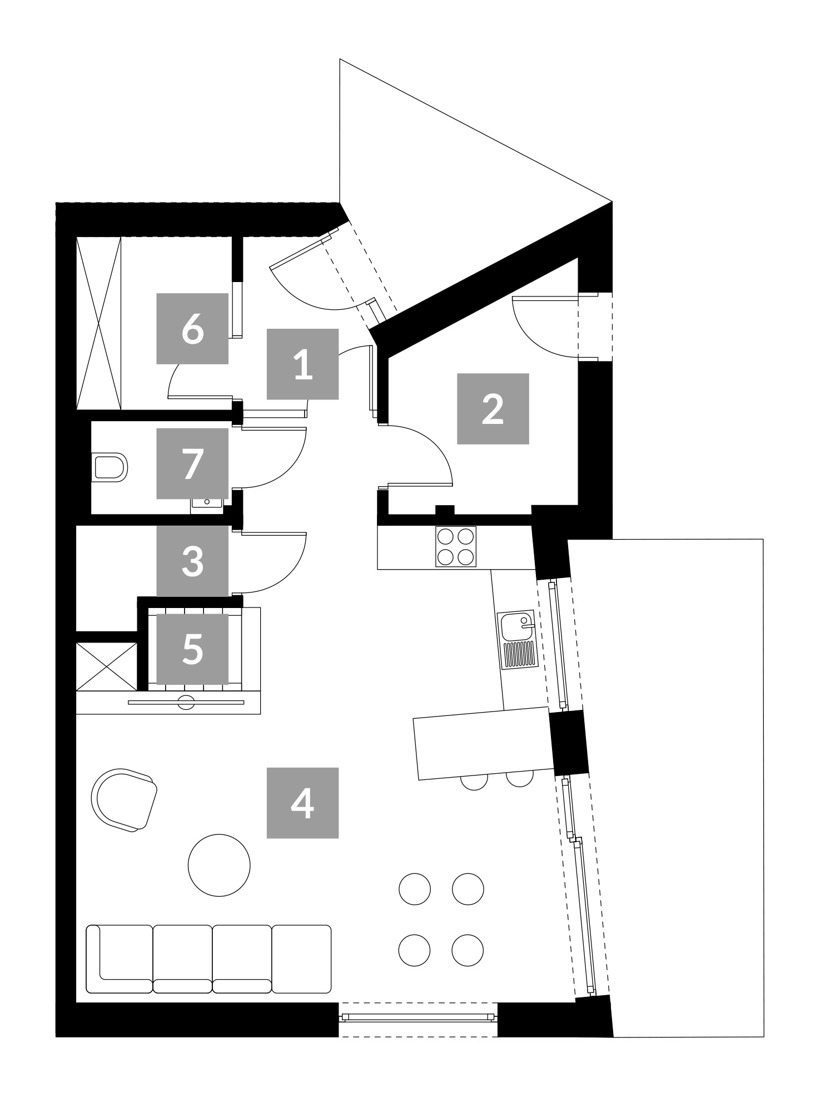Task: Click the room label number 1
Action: pyautogui.click(x=302, y=364)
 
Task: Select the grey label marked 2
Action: pyautogui.click(x=493, y=408)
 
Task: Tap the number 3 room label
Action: pyautogui.click(x=192, y=561)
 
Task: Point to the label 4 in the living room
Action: pyautogui.click(x=302, y=803)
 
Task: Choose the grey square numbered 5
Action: pyautogui.click(x=192, y=649)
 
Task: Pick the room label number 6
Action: pyautogui.click(x=192, y=328)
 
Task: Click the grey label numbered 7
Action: pyautogui.click(x=192, y=463)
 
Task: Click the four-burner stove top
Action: pyautogui.click(x=456, y=546)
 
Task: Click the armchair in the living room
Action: pyautogui.click(x=124, y=800)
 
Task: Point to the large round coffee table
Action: pyautogui.click(x=219, y=864)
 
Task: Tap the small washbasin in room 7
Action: pyautogui.click(x=207, y=503)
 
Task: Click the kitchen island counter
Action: pyautogui.click(x=484, y=743)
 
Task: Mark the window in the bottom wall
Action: pyautogui.click(x=418, y=1017)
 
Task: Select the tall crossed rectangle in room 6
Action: pyautogui.click(x=98, y=323)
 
